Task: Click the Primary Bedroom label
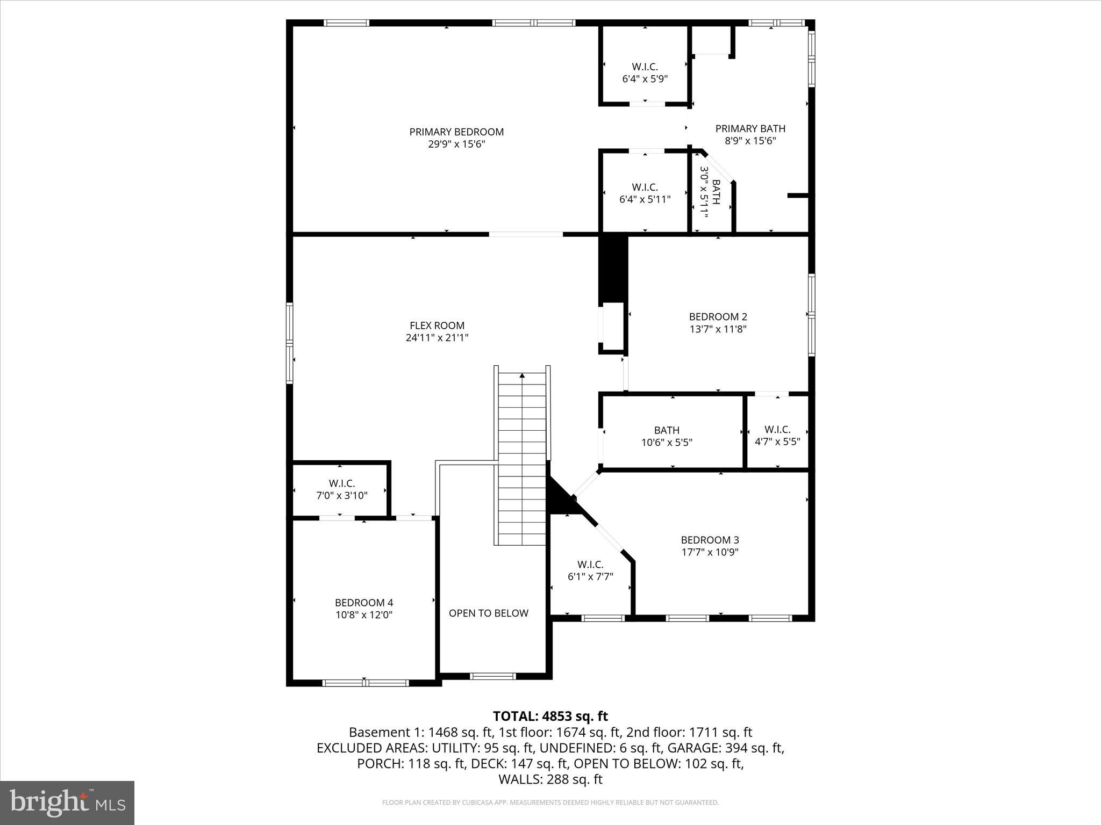[456, 132]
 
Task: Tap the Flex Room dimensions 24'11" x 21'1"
[437, 338]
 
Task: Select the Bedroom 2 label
[718, 317]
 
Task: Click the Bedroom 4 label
[364, 603]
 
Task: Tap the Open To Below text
[488, 613]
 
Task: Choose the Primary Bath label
[750, 128]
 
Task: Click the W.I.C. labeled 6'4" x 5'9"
[645, 73]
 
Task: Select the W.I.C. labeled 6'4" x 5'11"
[645, 193]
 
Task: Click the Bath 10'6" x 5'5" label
[667, 436]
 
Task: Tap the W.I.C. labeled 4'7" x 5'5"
[777, 436]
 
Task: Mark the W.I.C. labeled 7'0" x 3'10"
[342, 489]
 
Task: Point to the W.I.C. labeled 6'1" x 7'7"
[590, 570]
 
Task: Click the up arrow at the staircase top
[522, 376]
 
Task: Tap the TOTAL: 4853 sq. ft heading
[550, 716]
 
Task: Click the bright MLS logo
[67, 802]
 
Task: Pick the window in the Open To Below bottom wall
[492, 676]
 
